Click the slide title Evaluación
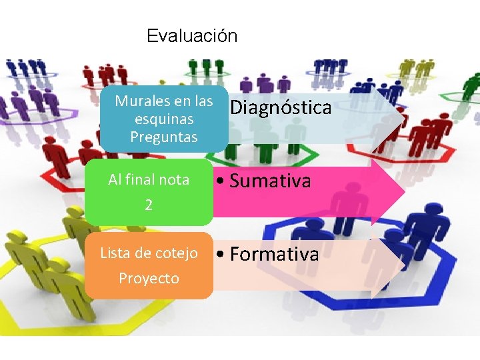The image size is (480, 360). coord(192,35)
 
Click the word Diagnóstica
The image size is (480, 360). coord(281,108)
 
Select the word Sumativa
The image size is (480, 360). coord(270,181)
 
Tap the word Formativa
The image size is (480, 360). coord(274,255)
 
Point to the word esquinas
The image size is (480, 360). coord(164,119)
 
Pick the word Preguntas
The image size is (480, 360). coord(164,137)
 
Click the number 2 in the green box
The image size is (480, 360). coord(149,205)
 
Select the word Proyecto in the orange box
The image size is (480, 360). coord(149,279)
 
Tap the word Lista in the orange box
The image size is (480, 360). coord(114,253)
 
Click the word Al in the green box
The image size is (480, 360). coord(115,180)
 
